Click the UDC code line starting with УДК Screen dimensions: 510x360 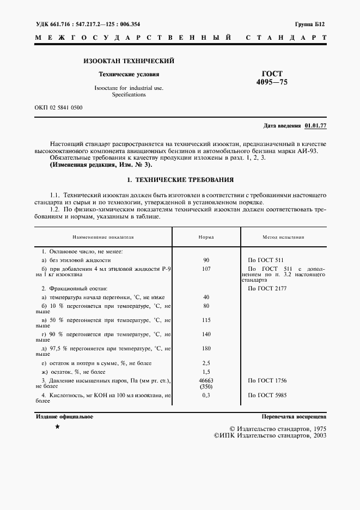(87, 25)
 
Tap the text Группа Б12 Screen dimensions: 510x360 (310, 25)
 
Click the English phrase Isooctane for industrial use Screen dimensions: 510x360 (129, 88)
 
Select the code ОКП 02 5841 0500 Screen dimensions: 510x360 (58, 107)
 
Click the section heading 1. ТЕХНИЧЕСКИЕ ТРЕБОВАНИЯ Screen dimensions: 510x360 (180, 179)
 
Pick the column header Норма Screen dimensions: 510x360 (206, 238)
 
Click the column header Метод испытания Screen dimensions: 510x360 (284, 238)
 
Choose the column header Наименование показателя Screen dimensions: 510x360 (103, 238)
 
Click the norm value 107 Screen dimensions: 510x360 (206, 269)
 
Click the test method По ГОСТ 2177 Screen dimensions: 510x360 (267, 288)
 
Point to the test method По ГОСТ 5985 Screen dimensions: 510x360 (267, 394)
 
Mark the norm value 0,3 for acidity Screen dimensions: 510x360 (206, 394)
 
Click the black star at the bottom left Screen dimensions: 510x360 (57, 428)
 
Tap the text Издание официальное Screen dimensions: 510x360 (64, 416)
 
